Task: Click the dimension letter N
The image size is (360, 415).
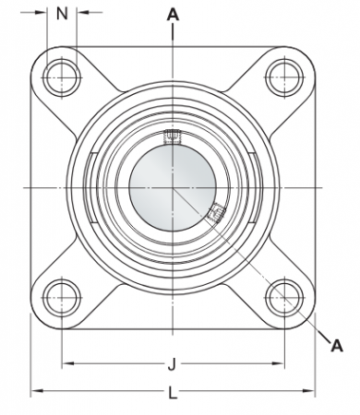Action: coord(63,13)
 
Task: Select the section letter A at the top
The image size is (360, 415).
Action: coord(173,14)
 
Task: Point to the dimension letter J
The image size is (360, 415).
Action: coord(173,364)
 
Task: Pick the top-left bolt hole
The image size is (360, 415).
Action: coord(63,75)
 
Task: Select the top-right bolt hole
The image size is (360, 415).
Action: coord(282,75)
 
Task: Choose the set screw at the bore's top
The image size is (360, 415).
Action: coord(172,138)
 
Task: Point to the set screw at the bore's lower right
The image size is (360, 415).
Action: coord(216,214)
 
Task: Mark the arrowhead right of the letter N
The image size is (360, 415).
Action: coord(82,13)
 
